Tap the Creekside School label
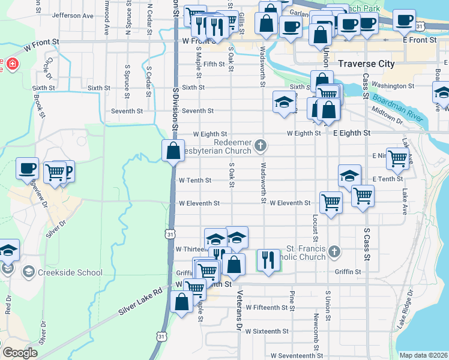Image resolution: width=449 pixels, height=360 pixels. point(69,272)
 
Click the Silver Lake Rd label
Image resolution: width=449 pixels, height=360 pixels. point(140,301)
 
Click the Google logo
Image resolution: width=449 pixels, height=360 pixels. point(20,353)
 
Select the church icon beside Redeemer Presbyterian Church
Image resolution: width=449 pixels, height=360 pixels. point(261,145)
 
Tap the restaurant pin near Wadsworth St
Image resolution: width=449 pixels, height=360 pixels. point(268,260)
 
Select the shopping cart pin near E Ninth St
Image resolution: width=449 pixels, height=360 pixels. point(397,158)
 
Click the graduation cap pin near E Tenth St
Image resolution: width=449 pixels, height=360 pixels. point(349,175)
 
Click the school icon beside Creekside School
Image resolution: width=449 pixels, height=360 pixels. point(28,272)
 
